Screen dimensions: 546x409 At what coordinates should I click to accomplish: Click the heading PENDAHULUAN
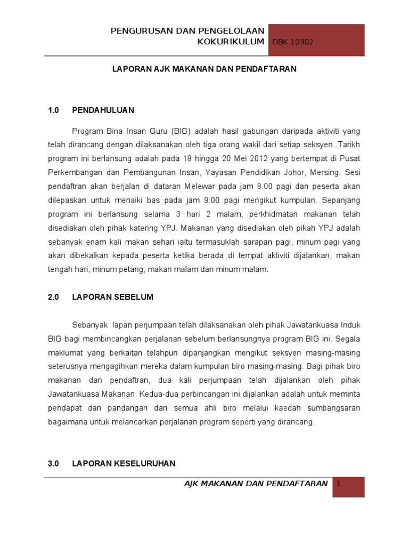pos(103,110)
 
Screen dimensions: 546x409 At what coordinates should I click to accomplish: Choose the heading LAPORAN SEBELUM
pos(112,297)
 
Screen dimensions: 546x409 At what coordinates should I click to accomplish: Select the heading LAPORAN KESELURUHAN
pos(124,463)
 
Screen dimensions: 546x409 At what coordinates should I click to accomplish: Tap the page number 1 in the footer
pos(338,484)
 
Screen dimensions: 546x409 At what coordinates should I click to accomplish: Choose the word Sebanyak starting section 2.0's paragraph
pos(90,325)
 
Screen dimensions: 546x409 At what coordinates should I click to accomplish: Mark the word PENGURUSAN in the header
pos(136,31)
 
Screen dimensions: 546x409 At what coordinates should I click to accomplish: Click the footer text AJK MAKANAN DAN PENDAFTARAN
pos(256,484)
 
